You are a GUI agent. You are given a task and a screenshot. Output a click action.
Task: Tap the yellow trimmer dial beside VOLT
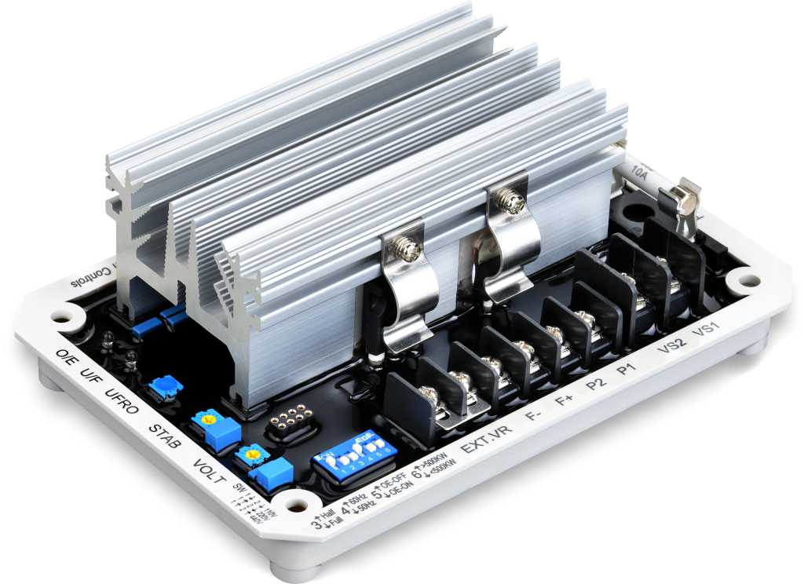click(x=252, y=453)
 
